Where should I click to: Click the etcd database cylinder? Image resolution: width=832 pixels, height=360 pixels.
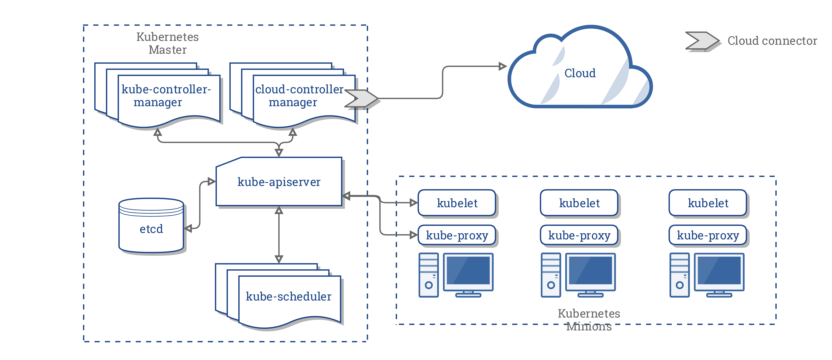click(151, 226)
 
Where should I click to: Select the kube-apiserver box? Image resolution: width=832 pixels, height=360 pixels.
click(279, 182)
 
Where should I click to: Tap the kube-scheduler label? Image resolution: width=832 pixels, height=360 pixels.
click(288, 296)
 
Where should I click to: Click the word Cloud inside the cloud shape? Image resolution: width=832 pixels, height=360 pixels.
click(580, 73)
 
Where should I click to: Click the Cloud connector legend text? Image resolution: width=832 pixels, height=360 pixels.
click(772, 41)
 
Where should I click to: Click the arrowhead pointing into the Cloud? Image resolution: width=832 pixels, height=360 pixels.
click(502, 66)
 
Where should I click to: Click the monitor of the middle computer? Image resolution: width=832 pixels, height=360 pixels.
click(590, 271)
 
